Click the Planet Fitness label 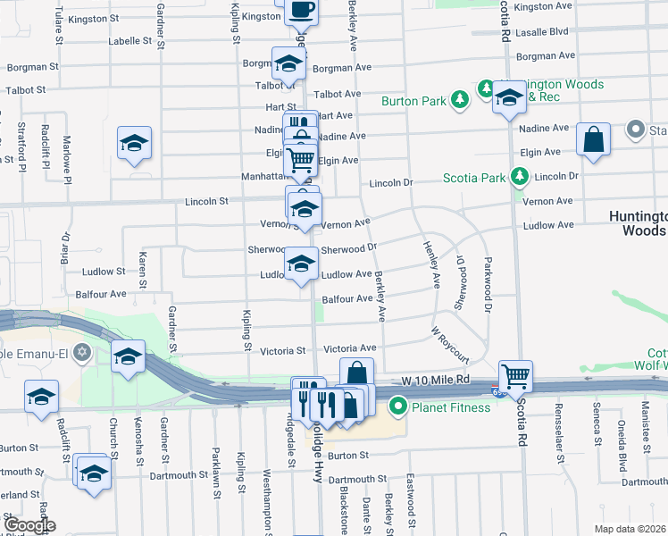(x=451, y=408)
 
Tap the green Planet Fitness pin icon (x=398, y=408)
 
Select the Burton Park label (x=413, y=101)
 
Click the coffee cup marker (x=301, y=10)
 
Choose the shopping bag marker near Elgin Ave (x=594, y=139)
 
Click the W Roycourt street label (x=450, y=344)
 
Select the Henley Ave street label (x=432, y=265)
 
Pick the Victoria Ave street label (x=350, y=348)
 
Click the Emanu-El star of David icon (x=83, y=351)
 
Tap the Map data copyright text (x=631, y=529)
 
